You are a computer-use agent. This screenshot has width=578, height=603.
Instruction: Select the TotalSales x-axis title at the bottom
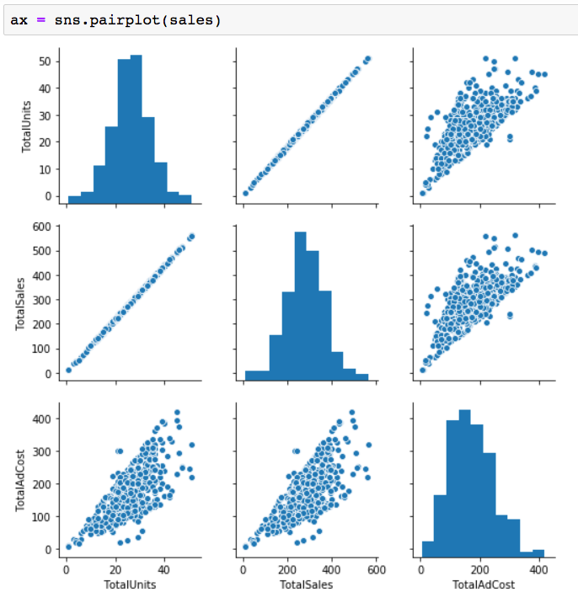[x=308, y=584]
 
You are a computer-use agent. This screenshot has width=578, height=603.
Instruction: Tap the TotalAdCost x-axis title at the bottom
[x=482, y=584]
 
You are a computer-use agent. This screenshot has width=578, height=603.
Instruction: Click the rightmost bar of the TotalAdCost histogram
[x=538, y=553]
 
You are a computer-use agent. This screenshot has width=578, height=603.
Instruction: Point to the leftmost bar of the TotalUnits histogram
[x=74, y=199]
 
